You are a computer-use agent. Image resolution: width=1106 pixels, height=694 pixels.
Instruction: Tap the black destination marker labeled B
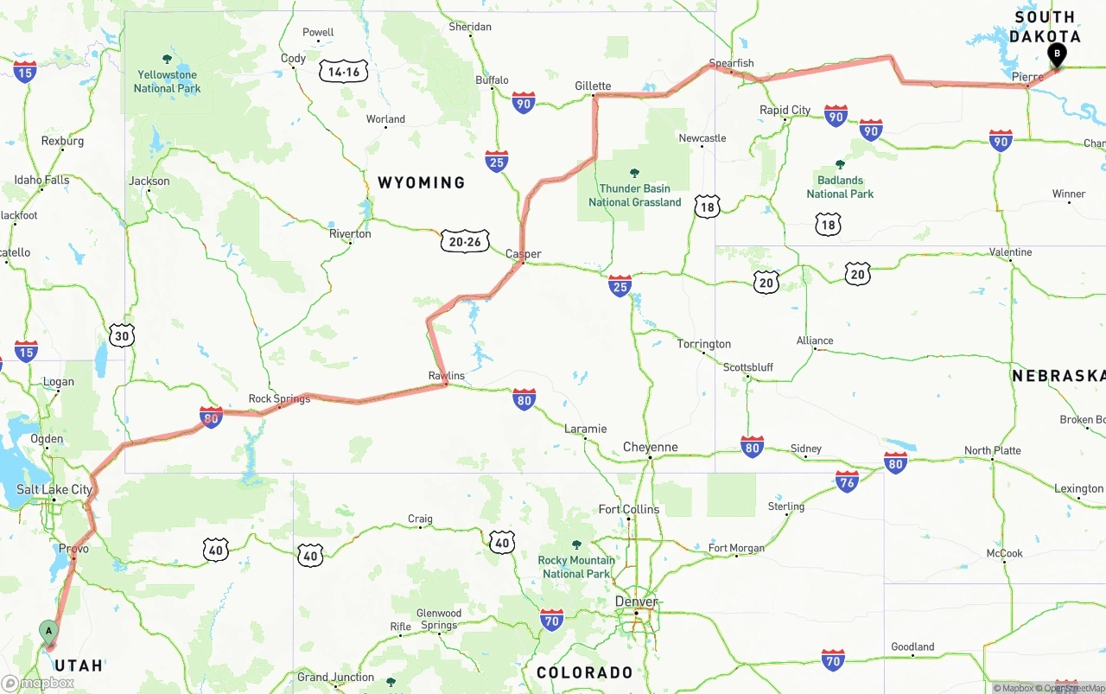pyautogui.click(x=1056, y=55)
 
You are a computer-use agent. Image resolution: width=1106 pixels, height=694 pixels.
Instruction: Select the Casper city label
pyautogui.click(x=524, y=254)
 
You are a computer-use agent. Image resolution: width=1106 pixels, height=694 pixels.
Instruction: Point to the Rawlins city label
pyautogui.click(x=447, y=376)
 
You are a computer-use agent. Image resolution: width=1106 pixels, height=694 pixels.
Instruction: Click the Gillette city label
pyautogui.click(x=593, y=86)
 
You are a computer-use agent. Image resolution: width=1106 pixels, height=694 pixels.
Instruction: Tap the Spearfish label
pyautogui.click(x=731, y=63)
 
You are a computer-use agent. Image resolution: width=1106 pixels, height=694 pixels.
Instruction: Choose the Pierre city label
pyautogui.click(x=1027, y=77)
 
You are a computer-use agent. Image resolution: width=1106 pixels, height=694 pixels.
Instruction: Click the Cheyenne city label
pyautogui.click(x=651, y=448)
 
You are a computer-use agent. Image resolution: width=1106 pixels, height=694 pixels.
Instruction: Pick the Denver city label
pyautogui.click(x=636, y=602)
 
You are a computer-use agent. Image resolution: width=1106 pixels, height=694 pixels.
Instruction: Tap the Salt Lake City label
pyautogui.click(x=54, y=489)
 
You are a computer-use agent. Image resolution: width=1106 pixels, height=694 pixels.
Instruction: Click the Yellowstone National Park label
pyautogui.click(x=167, y=81)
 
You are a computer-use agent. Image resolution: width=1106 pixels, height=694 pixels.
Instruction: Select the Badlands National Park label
pyautogui.click(x=840, y=187)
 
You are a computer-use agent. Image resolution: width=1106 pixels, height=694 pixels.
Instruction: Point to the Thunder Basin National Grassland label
pyautogui.click(x=635, y=195)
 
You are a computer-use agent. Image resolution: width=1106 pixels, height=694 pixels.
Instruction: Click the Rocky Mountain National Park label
pyautogui.click(x=576, y=567)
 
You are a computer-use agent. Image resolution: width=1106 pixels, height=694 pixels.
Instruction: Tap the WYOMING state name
pyautogui.click(x=421, y=182)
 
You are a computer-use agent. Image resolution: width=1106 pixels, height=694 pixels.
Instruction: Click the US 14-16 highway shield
pyautogui.click(x=344, y=72)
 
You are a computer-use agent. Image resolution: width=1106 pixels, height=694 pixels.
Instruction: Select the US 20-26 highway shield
pyautogui.click(x=465, y=242)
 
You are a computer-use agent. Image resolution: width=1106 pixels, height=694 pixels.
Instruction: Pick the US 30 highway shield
pyautogui.click(x=122, y=336)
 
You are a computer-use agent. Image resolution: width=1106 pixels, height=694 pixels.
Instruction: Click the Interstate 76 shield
pyautogui.click(x=847, y=482)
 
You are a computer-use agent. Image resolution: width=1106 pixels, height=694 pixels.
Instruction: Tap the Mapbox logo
pyautogui.click(x=38, y=683)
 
